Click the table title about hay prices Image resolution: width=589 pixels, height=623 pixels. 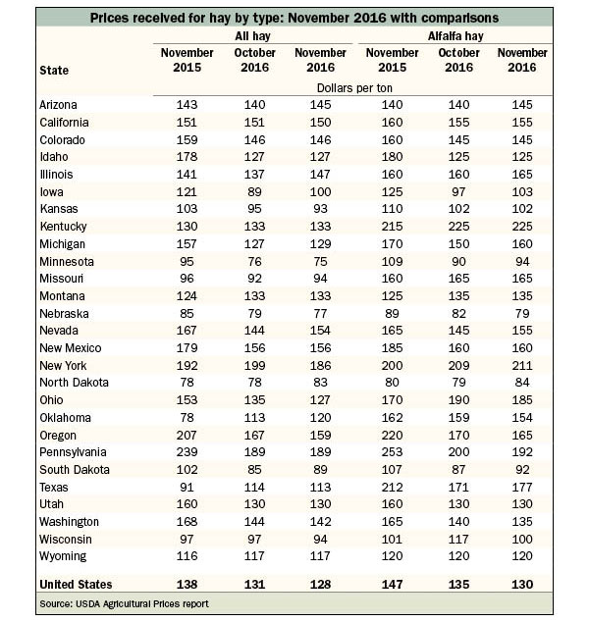click(294, 18)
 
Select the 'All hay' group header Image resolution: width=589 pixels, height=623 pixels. click(252, 36)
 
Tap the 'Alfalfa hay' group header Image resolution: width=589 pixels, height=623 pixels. click(455, 36)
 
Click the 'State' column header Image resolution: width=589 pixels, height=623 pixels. click(54, 71)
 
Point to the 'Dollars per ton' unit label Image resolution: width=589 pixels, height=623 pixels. click(354, 87)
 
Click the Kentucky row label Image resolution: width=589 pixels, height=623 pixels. click(63, 226)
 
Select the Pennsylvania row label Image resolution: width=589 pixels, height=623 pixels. click(73, 452)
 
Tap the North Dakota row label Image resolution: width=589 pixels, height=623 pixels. click(74, 383)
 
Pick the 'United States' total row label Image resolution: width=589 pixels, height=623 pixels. click(76, 585)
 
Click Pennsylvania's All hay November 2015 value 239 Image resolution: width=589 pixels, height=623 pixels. click(187, 451)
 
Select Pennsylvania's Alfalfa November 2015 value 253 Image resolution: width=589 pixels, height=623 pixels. click(392, 451)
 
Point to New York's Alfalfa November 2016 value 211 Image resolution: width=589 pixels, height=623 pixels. click(522, 366)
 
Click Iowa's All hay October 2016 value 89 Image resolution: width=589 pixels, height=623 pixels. click(254, 192)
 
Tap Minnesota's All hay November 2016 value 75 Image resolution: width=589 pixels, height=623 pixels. click(320, 261)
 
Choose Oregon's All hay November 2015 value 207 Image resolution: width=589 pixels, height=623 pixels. click(187, 435)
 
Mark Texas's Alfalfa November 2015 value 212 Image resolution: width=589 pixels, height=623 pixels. click(392, 487)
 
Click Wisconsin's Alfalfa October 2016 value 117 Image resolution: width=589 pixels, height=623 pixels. click(458, 540)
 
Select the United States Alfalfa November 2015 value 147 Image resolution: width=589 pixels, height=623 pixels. click(392, 585)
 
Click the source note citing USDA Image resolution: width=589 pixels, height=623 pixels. click(124, 604)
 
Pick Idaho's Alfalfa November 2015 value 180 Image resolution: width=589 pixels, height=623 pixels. click(392, 157)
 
